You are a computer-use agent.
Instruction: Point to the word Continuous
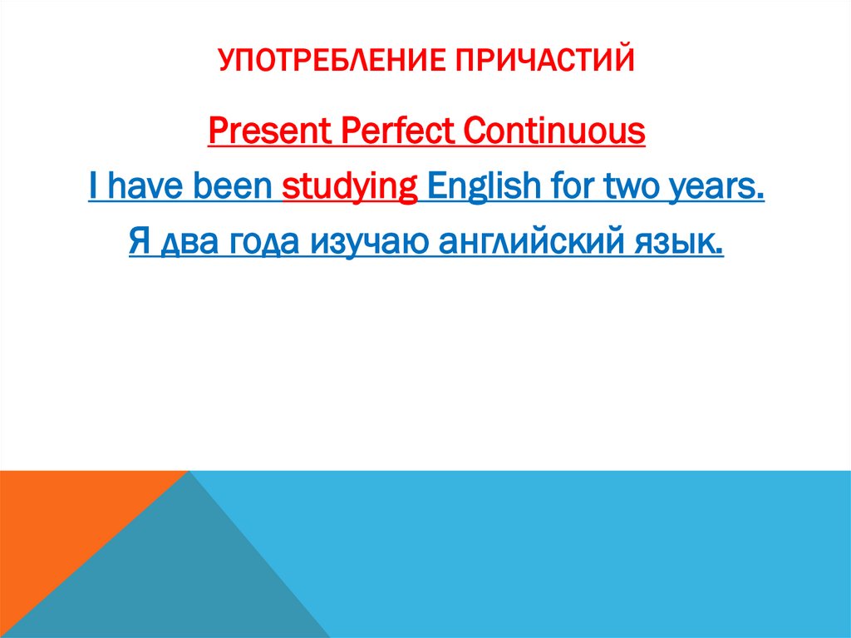pos(553,131)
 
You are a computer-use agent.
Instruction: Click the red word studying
pos(350,188)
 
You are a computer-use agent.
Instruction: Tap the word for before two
pos(563,188)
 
